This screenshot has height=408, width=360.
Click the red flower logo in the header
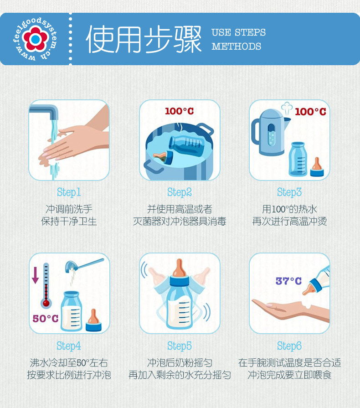point(35,39)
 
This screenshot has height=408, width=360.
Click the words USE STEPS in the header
point(238,32)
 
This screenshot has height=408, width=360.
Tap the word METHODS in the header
point(236,46)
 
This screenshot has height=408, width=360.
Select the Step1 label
point(69,192)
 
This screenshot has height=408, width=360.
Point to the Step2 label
point(180,192)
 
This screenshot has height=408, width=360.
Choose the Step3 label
point(289,192)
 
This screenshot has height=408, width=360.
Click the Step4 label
point(69,346)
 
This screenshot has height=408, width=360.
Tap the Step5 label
point(180,346)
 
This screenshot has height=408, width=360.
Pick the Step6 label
point(289,346)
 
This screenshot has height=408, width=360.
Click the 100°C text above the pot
point(180,111)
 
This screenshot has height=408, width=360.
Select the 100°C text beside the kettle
point(310,112)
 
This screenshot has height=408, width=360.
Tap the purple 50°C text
point(46,319)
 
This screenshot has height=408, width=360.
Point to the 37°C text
point(288,281)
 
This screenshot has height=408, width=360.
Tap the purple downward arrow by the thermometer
point(36,275)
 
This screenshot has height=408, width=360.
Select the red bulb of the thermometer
point(46,303)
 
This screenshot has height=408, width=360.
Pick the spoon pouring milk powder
point(84,265)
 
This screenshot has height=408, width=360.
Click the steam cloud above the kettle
point(287,107)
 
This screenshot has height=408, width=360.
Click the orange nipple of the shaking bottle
point(179,268)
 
